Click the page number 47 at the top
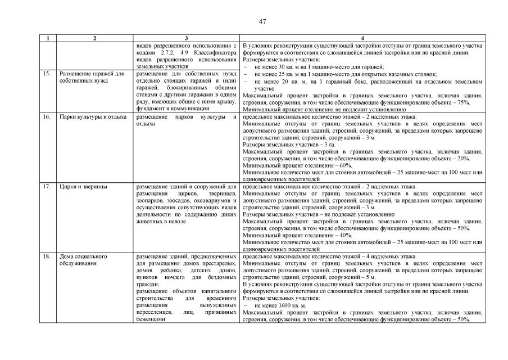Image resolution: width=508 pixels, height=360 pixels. coord(262,21)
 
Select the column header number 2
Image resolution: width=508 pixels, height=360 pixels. coord(94,38)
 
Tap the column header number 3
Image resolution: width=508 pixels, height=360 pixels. coord(186,38)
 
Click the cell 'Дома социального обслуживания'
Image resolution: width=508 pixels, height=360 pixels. coord(83,259)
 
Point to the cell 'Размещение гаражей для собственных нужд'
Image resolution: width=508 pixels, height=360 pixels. coord(91,77)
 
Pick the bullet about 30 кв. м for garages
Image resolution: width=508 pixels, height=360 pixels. coord(319,66)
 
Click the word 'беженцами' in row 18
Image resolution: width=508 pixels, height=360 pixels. coord(150,319)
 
